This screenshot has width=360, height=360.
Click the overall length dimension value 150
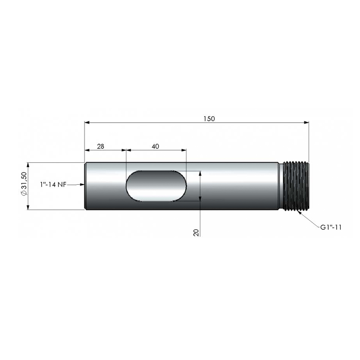pyautogui.click(x=210, y=118)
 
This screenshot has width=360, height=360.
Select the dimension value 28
pyautogui.click(x=100, y=146)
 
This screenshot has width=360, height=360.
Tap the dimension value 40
pyautogui.click(x=156, y=146)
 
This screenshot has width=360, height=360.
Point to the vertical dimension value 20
pyautogui.click(x=196, y=232)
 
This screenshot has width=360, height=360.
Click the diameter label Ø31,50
pyautogui.click(x=24, y=184)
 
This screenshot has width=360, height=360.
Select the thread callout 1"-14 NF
pyautogui.click(x=53, y=184)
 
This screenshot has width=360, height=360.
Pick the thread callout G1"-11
pyautogui.click(x=330, y=227)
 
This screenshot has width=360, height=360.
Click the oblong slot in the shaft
pyautogui.click(x=156, y=186)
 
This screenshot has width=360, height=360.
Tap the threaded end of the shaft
pyautogui.click(x=297, y=186)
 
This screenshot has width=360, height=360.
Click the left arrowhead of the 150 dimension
pyautogui.click(x=87, y=123)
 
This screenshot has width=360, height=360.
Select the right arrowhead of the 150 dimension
pyautogui.click(x=306, y=123)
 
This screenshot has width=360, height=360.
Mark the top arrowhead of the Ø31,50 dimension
pyautogui.click(x=29, y=165)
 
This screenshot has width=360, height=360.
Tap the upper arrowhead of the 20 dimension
pyautogui.click(x=200, y=174)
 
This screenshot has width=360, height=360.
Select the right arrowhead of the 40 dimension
pyautogui.click(x=184, y=150)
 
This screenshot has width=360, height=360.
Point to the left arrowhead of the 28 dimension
pyautogui.click(x=87, y=150)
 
